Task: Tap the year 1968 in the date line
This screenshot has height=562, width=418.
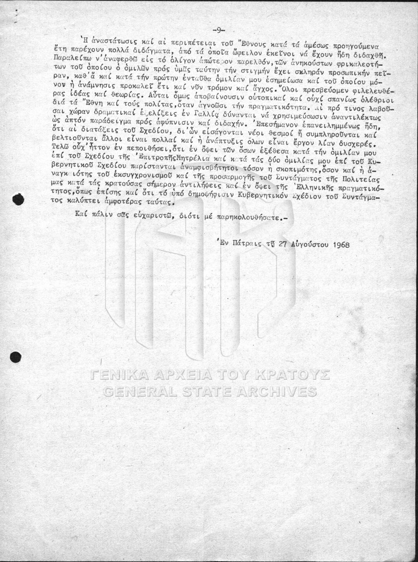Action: point(339,244)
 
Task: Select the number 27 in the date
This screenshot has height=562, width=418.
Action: point(283,244)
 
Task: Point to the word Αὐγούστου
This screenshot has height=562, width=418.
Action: point(309,244)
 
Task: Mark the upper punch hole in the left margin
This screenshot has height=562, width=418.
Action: point(18,200)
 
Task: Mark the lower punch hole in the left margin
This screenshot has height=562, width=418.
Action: point(15,357)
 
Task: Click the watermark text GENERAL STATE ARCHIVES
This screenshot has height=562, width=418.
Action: point(209,392)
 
